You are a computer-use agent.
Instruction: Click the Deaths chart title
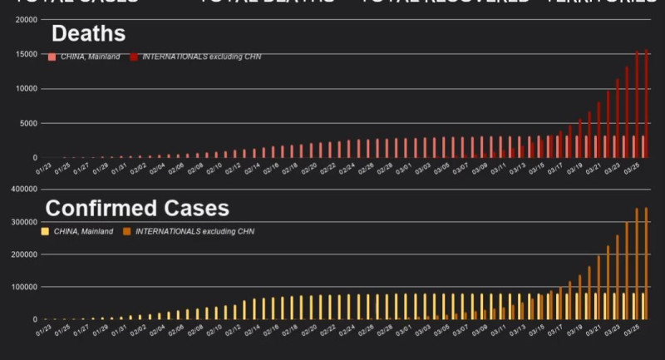point(88,34)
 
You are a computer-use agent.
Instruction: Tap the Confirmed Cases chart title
point(137,207)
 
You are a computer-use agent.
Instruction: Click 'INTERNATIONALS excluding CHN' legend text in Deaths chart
point(202,57)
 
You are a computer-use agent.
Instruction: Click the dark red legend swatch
point(134,57)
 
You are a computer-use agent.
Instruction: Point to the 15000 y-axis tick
point(25,54)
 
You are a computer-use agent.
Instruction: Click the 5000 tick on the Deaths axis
point(27,123)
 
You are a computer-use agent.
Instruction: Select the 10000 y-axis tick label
point(25,89)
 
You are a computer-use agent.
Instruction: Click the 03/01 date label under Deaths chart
point(402,169)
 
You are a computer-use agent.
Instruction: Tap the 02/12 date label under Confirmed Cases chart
point(232,331)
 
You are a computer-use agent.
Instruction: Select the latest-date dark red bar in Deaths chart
point(647,103)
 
